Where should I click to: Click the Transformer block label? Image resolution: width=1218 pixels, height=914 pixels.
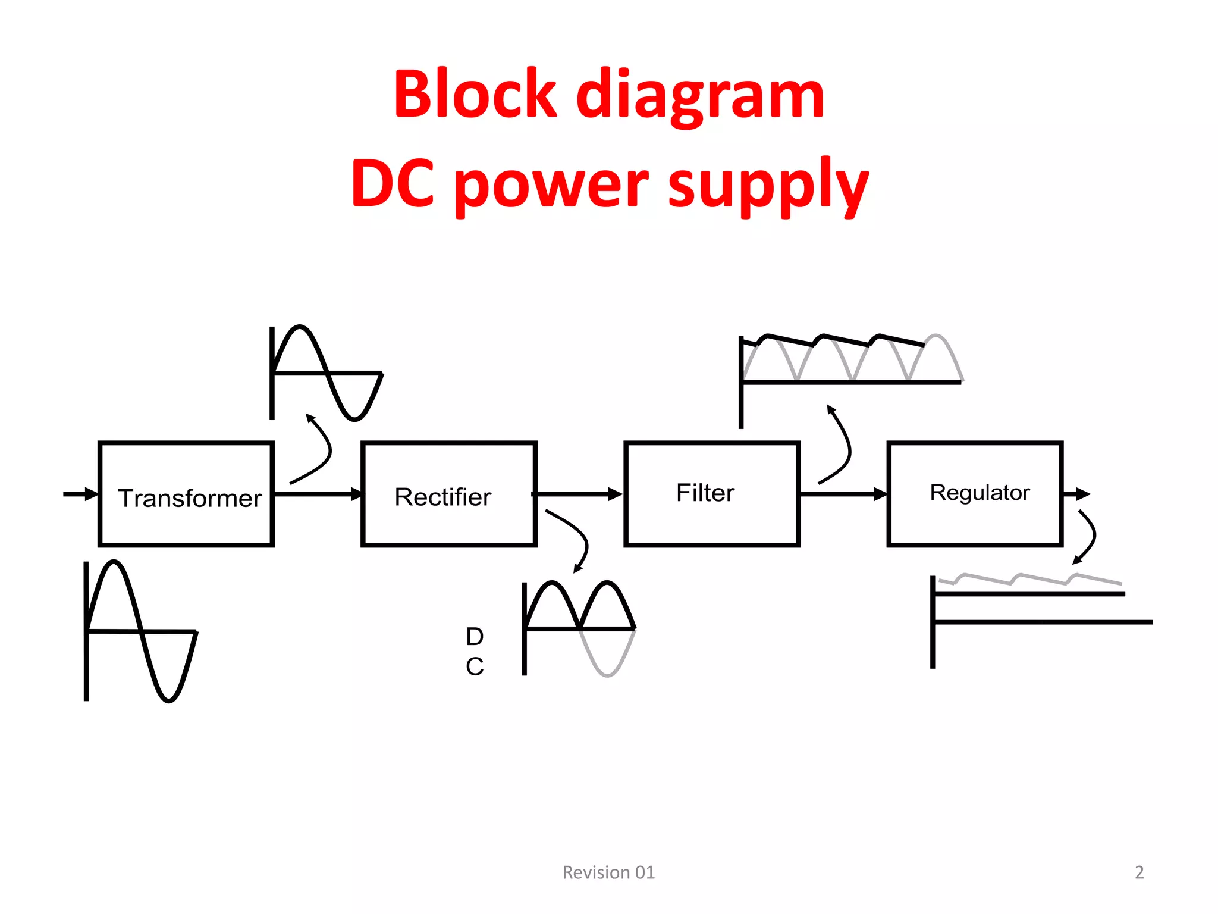point(189,498)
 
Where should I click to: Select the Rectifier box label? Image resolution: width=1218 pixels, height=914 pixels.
point(443,497)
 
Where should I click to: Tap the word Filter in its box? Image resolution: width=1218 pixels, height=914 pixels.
point(705,493)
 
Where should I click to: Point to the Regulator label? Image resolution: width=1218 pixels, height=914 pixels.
point(980,493)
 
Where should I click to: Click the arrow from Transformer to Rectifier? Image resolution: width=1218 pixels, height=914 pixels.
point(318,494)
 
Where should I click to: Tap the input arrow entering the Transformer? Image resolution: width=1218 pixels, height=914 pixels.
point(80,494)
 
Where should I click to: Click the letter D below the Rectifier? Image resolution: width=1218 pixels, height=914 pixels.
point(475,637)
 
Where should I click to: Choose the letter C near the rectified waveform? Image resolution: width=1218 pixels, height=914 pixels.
point(475,666)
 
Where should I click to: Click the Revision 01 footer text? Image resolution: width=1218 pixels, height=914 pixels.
point(608,872)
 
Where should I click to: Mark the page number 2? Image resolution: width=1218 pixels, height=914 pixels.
point(1139,872)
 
